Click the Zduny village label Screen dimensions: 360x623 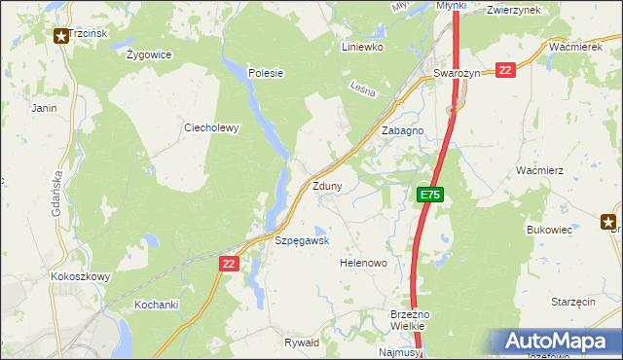(326, 185)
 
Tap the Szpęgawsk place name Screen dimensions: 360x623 (302, 239)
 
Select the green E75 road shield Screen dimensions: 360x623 (431, 196)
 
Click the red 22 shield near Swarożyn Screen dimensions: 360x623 (504, 70)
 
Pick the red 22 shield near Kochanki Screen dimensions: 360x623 (229, 263)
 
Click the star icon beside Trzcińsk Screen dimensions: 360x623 (60, 36)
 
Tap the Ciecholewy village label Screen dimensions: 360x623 (211, 126)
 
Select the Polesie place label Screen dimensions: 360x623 (265, 72)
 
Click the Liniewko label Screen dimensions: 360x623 (363, 46)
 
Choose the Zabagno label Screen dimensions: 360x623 (402, 129)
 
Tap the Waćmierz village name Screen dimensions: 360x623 (540, 169)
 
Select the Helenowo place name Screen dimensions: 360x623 (363, 263)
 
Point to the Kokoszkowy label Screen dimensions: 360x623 (81, 276)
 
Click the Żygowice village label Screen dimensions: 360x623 (149, 54)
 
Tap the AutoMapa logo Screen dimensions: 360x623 (555, 342)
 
